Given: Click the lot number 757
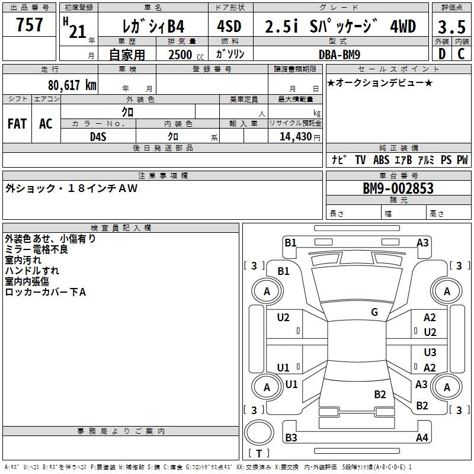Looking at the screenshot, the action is (x=30, y=25).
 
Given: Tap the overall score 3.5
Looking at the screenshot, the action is (x=452, y=27).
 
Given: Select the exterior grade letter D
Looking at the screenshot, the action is (x=441, y=53).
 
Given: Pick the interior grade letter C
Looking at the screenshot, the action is (x=461, y=53).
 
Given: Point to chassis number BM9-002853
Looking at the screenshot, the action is (x=398, y=189).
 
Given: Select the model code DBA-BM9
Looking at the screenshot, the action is (x=351, y=54).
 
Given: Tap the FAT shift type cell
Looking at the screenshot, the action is (x=17, y=124).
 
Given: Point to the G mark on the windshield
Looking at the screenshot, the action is (x=374, y=312).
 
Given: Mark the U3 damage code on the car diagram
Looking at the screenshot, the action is (x=430, y=353).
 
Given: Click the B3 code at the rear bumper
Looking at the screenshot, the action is (x=291, y=438).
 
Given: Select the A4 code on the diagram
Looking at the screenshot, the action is (x=422, y=438).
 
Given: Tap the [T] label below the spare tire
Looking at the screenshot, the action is (x=259, y=454).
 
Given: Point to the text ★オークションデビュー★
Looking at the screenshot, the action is (x=380, y=82).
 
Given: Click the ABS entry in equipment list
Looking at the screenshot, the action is (x=381, y=159).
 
